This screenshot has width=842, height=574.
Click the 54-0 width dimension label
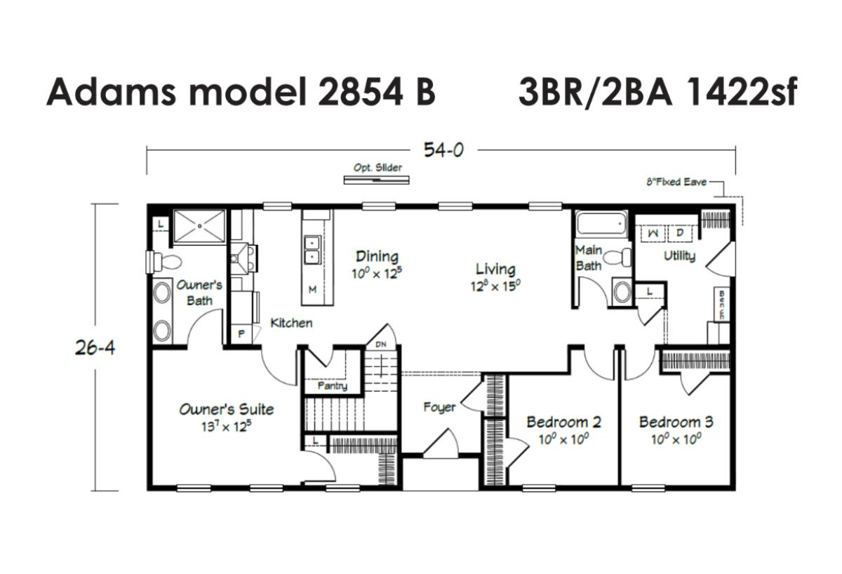click(443, 150)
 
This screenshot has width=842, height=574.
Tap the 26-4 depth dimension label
click(95, 348)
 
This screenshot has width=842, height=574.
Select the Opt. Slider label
click(377, 168)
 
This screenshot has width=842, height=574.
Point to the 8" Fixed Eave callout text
click(676, 182)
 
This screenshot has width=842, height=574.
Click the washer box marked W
click(653, 234)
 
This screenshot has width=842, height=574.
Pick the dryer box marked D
click(680, 233)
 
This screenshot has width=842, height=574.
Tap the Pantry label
click(333, 386)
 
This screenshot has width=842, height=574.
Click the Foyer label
click(439, 407)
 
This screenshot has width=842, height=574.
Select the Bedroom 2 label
click(564, 422)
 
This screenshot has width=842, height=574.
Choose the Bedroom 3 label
click(676, 422)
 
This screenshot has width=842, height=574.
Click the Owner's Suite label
click(227, 409)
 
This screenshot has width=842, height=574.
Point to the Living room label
click(495, 269)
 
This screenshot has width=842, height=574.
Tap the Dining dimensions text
click(376, 273)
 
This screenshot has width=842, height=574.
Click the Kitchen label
click(291, 323)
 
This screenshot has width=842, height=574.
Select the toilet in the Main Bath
click(617, 258)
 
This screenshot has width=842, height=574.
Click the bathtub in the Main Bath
click(602, 224)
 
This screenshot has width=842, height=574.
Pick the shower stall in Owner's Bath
click(199, 226)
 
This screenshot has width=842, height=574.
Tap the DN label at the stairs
click(381, 345)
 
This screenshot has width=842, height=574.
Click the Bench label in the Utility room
click(722, 305)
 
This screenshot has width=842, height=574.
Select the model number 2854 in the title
click(361, 92)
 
